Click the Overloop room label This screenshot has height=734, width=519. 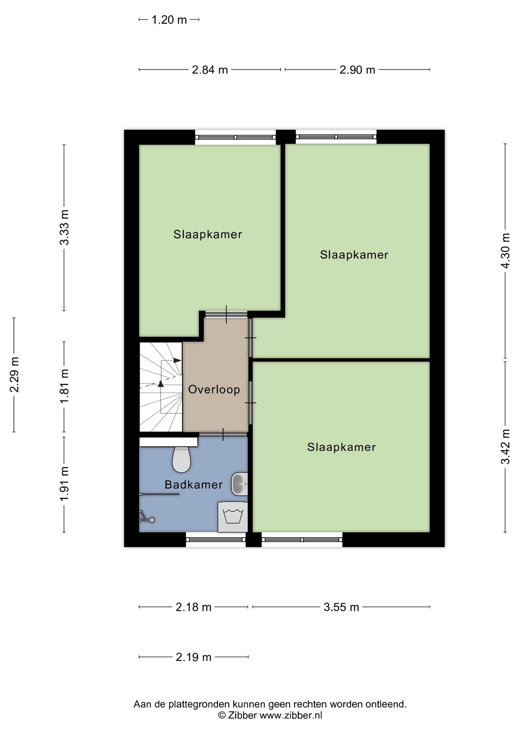214,390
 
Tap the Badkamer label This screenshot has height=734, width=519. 194,485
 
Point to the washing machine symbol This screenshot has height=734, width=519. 233,517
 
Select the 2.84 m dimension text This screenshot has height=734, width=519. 210,70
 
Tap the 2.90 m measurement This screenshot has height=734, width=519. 357,70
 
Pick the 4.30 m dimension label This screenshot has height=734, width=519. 505,251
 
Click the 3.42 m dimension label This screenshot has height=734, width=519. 505,447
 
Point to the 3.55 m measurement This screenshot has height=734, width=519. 341,607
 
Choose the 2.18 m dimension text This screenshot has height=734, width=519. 194,607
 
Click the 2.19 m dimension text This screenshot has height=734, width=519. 194,657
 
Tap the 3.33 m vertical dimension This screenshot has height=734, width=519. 65,227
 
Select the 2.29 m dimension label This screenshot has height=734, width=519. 14,375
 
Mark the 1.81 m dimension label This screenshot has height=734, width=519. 65,386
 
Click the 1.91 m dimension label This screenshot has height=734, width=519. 65,484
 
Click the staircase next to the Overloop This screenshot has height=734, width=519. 161,387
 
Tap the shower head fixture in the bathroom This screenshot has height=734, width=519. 146,516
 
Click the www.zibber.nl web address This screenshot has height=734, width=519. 291,715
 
